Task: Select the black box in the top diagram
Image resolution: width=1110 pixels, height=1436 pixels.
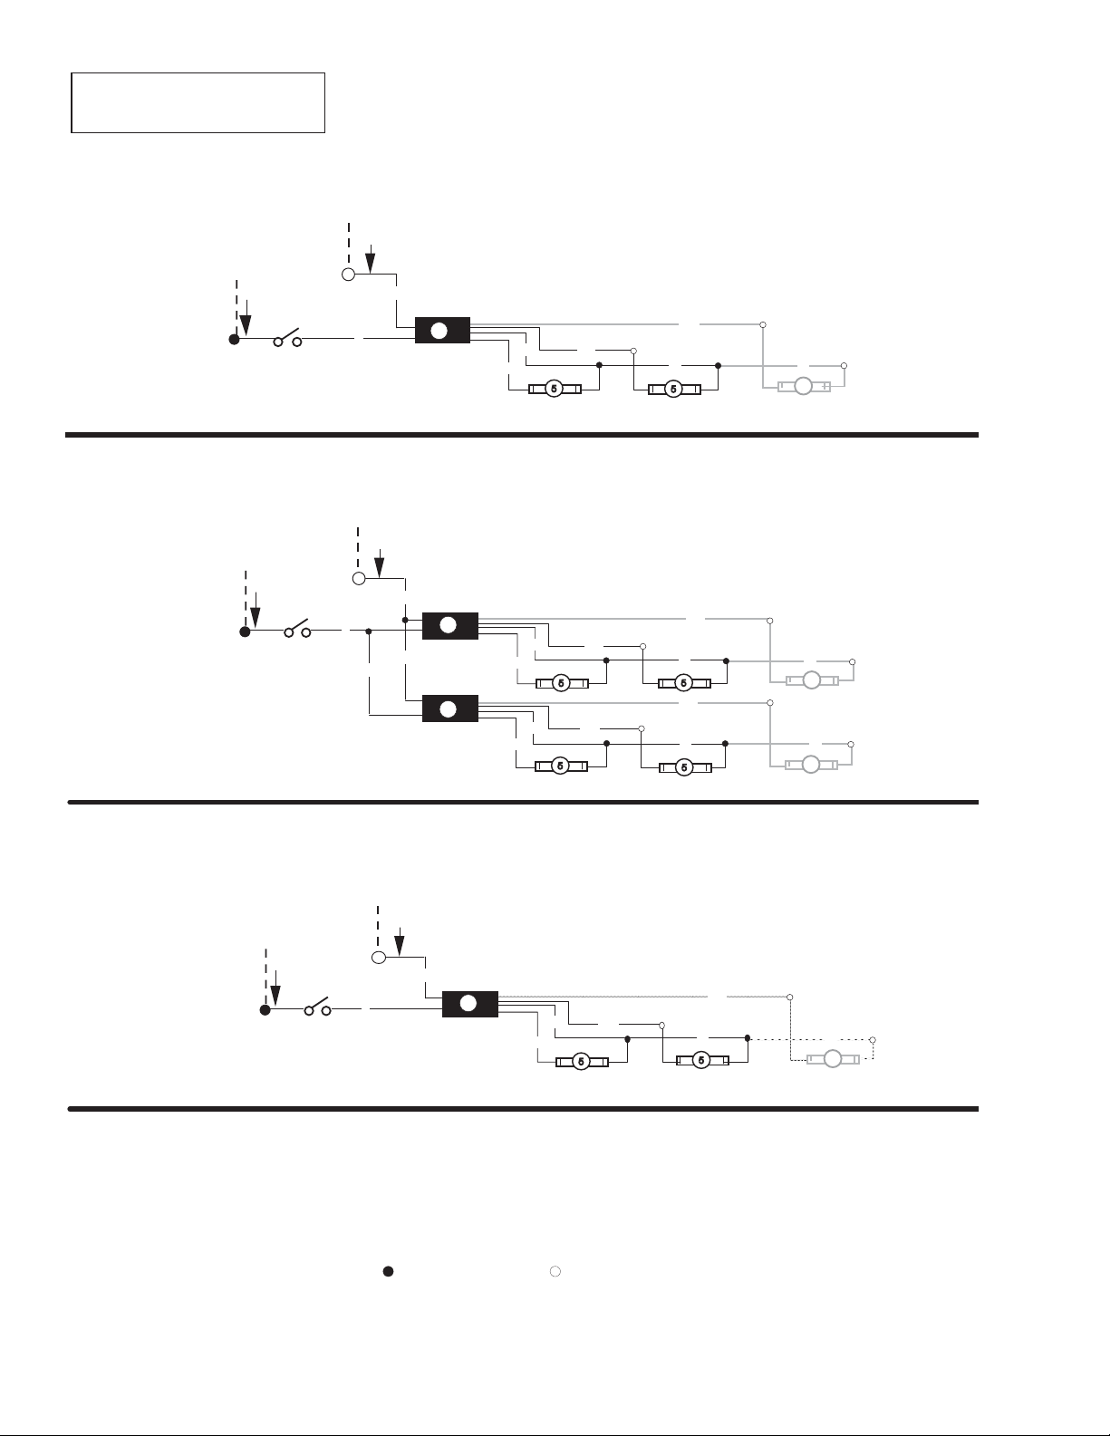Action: click(x=442, y=331)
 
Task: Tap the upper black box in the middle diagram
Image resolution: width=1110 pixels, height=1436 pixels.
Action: click(x=450, y=625)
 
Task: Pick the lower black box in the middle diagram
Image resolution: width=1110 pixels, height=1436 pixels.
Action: click(x=450, y=708)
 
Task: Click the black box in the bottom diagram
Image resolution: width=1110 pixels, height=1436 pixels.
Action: click(x=469, y=1004)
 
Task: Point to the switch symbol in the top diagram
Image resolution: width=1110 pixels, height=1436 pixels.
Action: click(x=288, y=337)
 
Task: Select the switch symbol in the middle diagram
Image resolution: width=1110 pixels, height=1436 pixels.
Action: click(x=297, y=629)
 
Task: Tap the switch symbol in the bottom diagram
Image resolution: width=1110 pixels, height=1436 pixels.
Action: click(x=317, y=1007)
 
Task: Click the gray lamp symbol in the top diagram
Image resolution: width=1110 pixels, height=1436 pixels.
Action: click(x=804, y=386)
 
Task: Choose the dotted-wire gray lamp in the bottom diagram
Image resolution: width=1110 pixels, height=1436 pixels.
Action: click(x=833, y=1059)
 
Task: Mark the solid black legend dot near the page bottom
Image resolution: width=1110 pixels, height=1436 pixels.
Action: click(x=389, y=1271)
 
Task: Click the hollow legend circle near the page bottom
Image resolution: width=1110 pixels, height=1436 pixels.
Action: click(x=555, y=1271)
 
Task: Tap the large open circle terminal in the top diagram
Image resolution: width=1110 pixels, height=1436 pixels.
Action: click(x=348, y=275)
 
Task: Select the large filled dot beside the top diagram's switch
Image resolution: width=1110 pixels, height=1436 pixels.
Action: click(x=234, y=339)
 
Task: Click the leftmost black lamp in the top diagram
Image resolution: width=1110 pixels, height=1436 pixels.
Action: click(x=555, y=389)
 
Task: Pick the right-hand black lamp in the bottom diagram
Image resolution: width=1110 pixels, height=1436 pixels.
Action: click(x=702, y=1060)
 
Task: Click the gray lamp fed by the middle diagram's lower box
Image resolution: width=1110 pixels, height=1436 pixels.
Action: click(x=811, y=765)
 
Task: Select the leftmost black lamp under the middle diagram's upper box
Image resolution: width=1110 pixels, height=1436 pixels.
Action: click(x=561, y=683)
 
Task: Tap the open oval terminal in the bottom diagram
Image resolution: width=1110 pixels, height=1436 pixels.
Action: click(x=379, y=958)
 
